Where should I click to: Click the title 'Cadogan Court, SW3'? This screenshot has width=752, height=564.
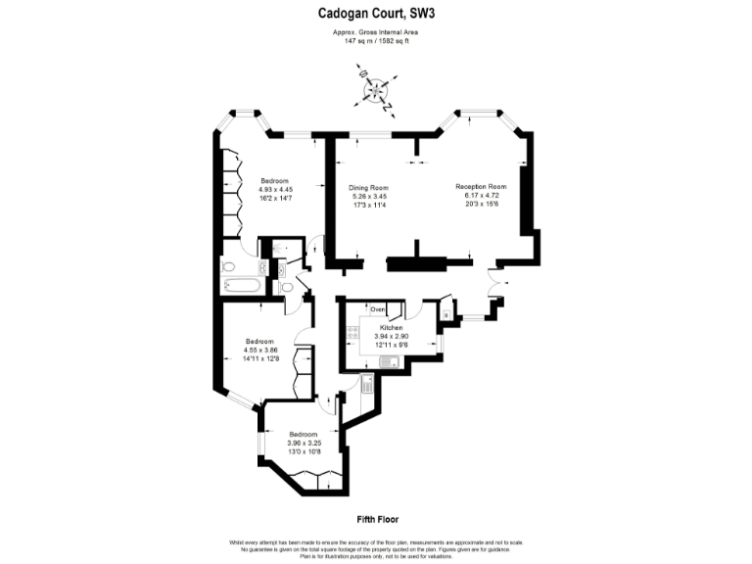pyautogui.click(x=375, y=13)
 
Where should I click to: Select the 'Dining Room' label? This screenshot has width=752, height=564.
pyautogui.click(x=369, y=188)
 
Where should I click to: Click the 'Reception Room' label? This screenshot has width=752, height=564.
pyautogui.click(x=480, y=186)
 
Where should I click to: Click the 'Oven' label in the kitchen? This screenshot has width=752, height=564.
pyautogui.click(x=378, y=309)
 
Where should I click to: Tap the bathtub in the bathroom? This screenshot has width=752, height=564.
pyautogui.click(x=240, y=286)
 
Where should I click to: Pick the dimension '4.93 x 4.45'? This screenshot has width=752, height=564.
pyautogui.click(x=275, y=190)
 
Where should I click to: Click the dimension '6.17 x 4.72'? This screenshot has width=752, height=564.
pyautogui.click(x=480, y=195)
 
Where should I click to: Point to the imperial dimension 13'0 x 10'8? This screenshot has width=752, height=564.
pyautogui.click(x=303, y=451)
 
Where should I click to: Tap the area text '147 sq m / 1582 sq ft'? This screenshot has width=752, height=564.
pyautogui.click(x=375, y=42)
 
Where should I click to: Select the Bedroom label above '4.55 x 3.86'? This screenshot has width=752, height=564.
pyautogui.click(x=259, y=341)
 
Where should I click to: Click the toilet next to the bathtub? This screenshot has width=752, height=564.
pyautogui.click(x=228, y=265)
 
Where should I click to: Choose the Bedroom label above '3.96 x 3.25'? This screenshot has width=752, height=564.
pyautogui.click(x=303, y=434)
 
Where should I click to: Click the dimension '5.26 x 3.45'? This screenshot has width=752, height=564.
pyautogui.click(x=369, y=197)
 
